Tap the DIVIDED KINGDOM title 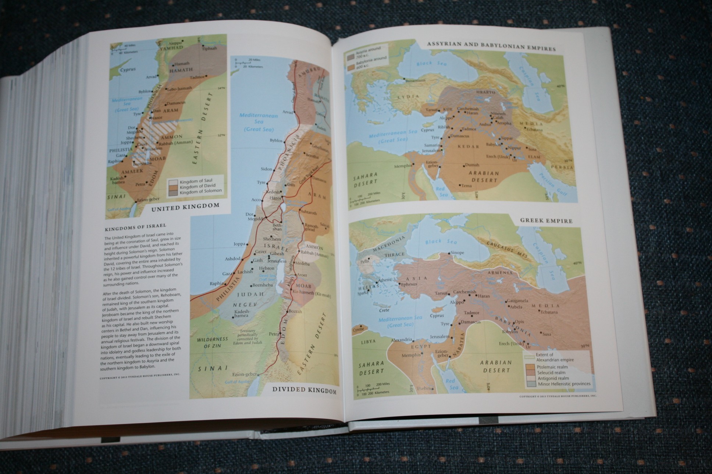304,390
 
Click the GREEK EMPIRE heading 546,221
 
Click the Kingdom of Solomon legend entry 200,191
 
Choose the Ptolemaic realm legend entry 551,367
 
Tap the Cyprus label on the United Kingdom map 127,69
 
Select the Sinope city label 457,253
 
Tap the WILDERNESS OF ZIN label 212,342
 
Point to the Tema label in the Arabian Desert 466,185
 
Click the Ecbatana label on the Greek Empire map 549,312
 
